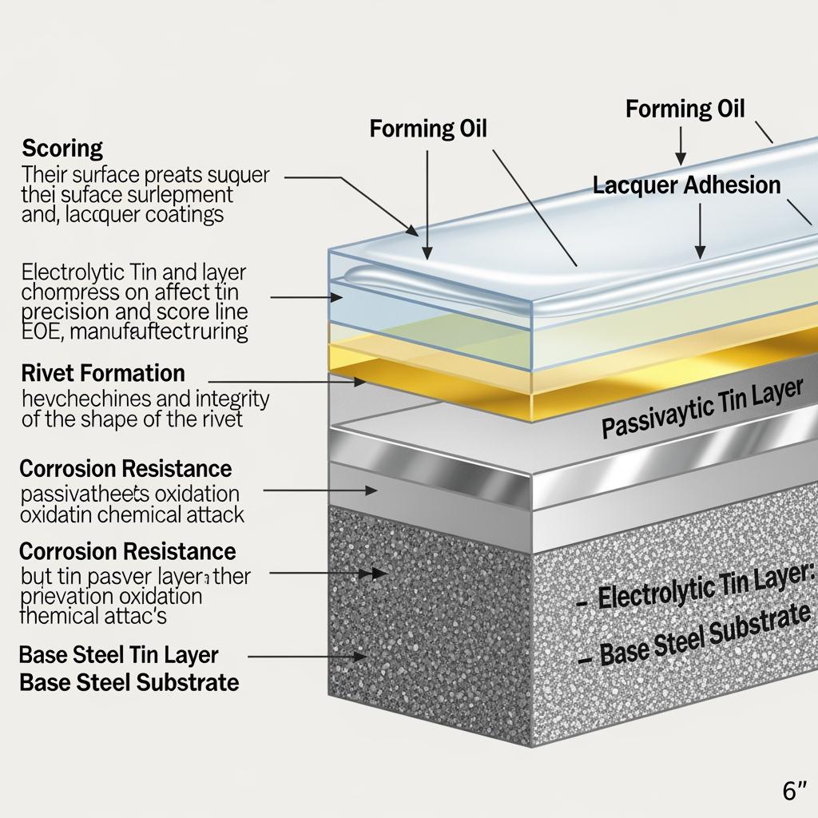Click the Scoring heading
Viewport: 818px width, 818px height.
[62, 149]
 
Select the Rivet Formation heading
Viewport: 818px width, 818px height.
[103, 373]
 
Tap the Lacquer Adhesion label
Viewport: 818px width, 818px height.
[686, 185]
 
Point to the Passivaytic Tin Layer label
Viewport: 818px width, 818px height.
[701, 408]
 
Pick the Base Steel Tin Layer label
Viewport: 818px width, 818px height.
[117, 655]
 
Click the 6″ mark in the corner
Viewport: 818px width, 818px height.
[795, 792]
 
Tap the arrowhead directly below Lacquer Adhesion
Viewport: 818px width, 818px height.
[700, 252]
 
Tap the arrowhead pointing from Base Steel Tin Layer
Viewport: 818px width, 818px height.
[362, 656]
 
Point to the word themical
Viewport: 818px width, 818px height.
[61, 615]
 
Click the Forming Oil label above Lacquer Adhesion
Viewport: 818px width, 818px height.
[685, 109]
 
